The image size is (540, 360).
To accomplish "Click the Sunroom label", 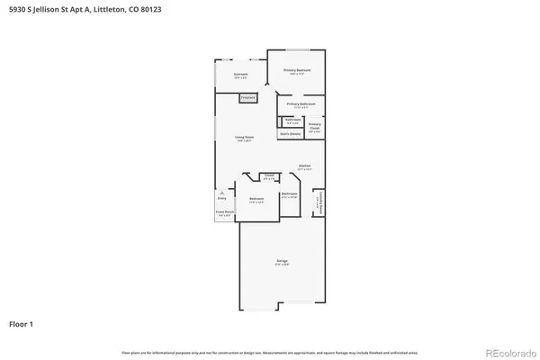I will (240, 75).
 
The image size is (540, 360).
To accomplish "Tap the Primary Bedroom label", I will (298, 70).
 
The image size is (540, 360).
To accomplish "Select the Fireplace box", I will (247, 97).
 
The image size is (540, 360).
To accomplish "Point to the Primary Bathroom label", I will (300, 104).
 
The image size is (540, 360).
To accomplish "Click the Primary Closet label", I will (314, 127).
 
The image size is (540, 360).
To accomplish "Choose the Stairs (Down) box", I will (290, 134).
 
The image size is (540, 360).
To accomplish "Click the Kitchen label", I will (305, 167).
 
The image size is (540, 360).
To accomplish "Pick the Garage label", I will (282, 263).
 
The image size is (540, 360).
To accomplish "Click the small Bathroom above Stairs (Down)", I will (292, 121).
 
